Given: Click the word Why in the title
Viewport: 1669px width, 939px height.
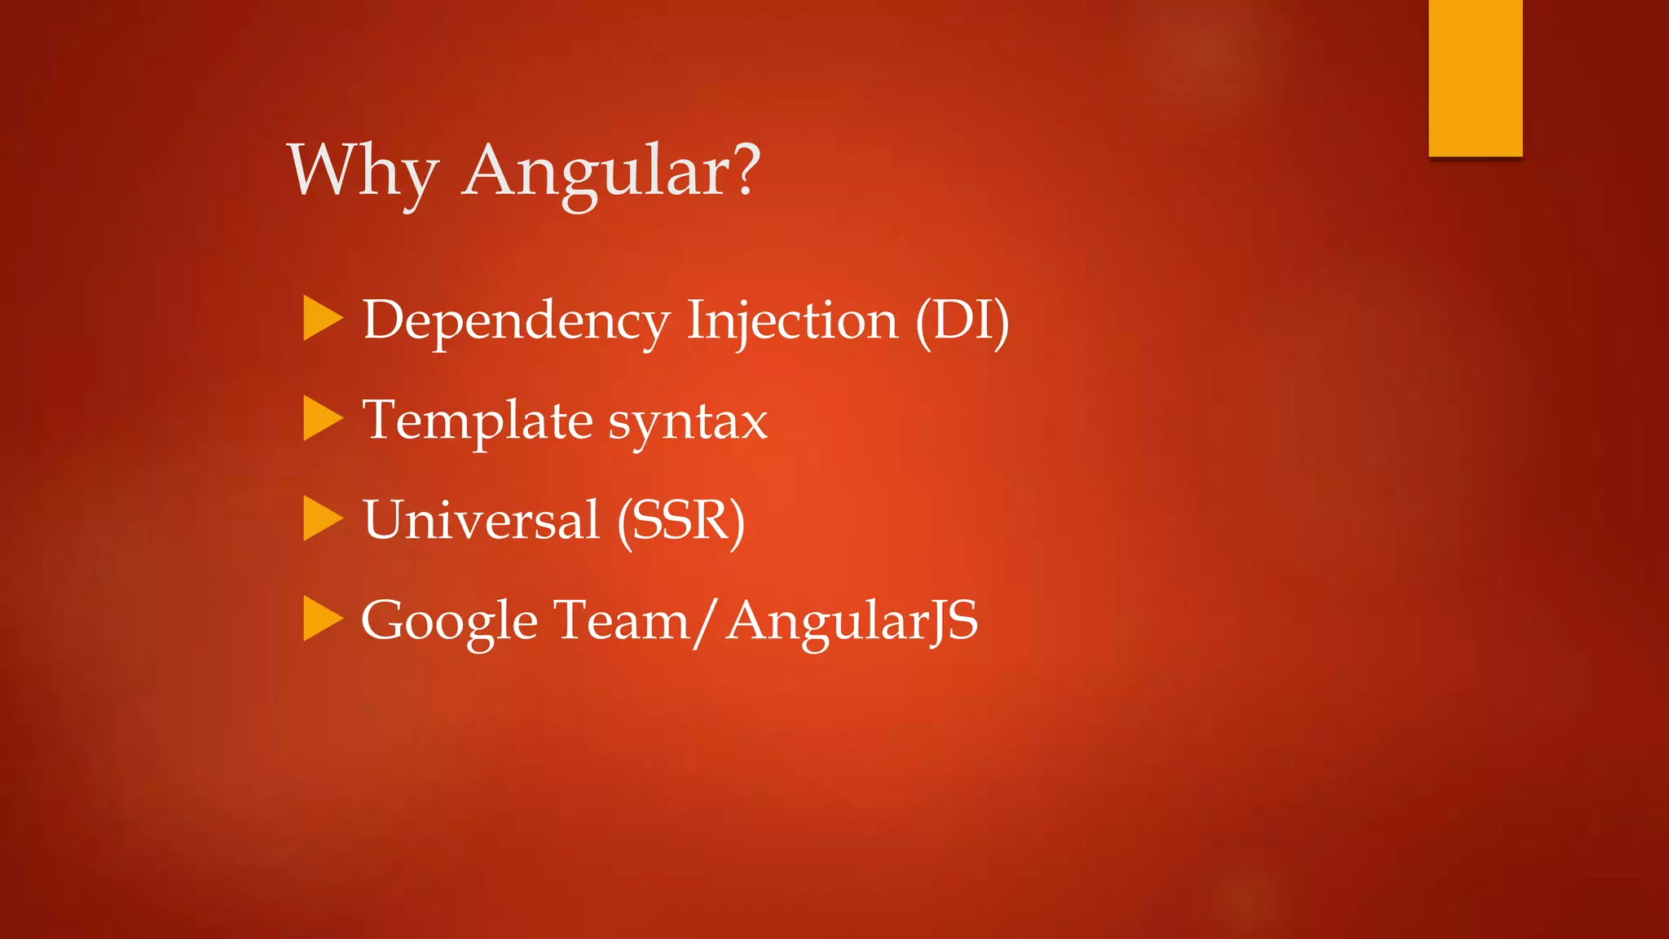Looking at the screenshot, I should point(363,171).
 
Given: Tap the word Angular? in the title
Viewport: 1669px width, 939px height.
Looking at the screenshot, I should point(611,171).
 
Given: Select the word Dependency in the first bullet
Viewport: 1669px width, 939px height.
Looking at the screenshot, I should point(516,320).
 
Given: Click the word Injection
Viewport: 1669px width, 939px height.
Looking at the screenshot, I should point(792,320).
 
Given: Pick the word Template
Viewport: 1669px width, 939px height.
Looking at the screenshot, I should point(478,421).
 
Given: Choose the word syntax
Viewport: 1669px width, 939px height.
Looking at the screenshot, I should point(688,422).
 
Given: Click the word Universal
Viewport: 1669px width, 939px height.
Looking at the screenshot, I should point(481,520).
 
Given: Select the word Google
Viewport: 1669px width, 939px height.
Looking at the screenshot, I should point(449,621).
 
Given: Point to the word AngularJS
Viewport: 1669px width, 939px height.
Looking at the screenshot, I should point(852,621).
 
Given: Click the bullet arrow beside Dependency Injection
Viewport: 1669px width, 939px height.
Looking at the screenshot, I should point(323,318).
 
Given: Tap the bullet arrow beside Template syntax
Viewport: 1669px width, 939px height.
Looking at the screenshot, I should point(323,418).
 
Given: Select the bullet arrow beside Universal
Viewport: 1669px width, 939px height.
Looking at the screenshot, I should point(323,518).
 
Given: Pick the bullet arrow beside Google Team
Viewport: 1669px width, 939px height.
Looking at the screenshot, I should point(323,619).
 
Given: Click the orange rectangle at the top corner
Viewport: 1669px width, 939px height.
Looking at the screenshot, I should point(1475,78).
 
